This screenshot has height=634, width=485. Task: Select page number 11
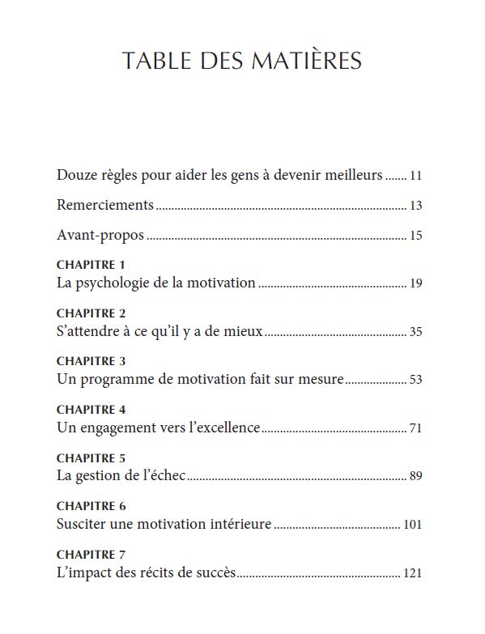pyautogui.click(x=416, y=176)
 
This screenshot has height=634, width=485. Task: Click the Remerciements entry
pyautogui.click(x=105, y=205)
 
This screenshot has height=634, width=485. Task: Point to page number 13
pyautogui.click(x=416, y=206)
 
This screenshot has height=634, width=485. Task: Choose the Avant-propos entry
pyautogui.click(x=100, y=236)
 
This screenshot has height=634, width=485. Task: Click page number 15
pyautogui.click(x=416, y=236)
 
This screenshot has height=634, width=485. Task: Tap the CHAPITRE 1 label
pyautogui.click(x=91, y=265)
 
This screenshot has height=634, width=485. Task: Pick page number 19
pyautogui.click(x=416, y=284)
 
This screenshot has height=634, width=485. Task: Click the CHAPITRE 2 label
pyautogui.click(x=91, y=313)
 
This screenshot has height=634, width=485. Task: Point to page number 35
pyautogui.click(x=416, y=332)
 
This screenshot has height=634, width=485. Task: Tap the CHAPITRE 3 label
pyautogui.click(x=91, y=361)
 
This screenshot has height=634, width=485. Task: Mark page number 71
pyautogui.click(x=416, y=428)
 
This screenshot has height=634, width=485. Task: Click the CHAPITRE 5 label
pyautogui.click(x=91, y=457)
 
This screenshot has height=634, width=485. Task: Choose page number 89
pyautogui.click(x=416, y=476)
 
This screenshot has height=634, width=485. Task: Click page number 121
pyautogui.click(x=413, y=573)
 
